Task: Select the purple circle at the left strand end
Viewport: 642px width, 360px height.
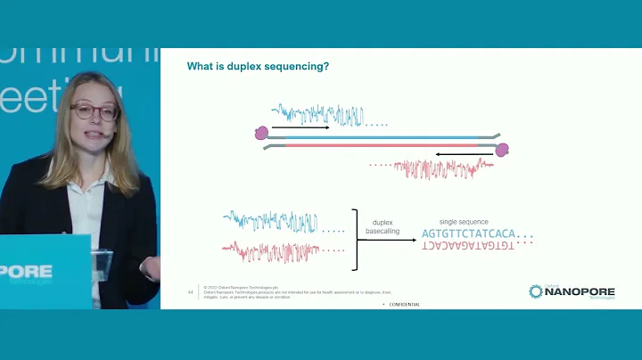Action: click(x=261, y=133)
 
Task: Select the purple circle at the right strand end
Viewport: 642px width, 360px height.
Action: click(x=502, y=149)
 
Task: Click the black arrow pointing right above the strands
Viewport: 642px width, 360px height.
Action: click(x=300, y=128)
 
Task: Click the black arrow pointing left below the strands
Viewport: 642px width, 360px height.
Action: click(x=457, y=153)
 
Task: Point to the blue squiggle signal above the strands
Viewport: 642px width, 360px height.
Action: click(x=318, y=115)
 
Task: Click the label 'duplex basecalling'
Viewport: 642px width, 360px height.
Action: click(x=383, y=226)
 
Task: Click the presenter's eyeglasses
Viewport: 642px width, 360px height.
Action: click(x=94, y=113)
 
